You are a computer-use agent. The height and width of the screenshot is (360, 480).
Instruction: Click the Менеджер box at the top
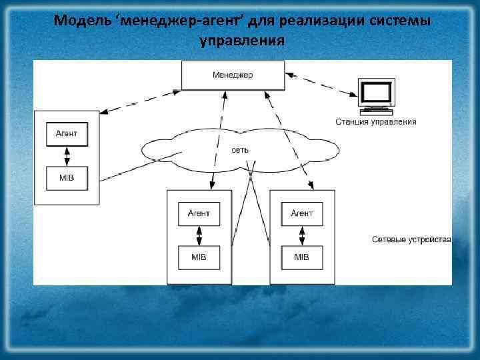point(233,75)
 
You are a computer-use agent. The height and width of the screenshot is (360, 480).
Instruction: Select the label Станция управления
point(376,122)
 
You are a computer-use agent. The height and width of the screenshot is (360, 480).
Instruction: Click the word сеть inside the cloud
point(240,150)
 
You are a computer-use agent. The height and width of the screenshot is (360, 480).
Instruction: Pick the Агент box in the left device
point(67,133)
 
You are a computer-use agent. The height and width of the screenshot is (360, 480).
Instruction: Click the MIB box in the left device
point(67,178)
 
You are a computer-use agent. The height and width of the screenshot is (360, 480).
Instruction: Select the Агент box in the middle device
point(199,213)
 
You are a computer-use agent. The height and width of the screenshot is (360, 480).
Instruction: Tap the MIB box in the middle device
point(199,257)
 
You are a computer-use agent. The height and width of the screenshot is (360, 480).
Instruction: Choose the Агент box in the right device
point(302,213)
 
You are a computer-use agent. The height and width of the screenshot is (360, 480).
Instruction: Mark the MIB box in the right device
point(302,257)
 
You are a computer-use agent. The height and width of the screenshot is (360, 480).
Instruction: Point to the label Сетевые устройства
point(411,239)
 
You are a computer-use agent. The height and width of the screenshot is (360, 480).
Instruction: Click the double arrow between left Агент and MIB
point(67,156)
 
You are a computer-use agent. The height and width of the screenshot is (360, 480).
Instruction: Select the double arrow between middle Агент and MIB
point(199,235)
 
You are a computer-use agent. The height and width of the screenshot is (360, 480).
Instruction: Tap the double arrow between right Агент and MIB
point(302,235)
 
